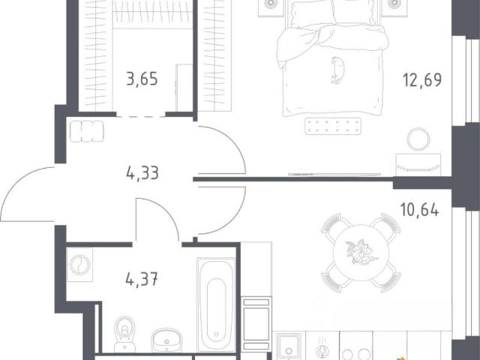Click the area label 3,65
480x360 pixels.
142,79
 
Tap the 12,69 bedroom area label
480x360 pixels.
422,80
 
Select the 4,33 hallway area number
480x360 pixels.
142,173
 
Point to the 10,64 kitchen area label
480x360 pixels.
420,210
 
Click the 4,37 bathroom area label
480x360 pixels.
142,279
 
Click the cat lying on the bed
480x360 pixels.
337,70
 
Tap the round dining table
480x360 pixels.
361,253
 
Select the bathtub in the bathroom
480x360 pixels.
217,304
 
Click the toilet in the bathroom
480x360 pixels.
124,334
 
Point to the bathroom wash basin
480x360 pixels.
166,340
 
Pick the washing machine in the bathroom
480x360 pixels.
79,265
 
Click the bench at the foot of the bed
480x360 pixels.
333,126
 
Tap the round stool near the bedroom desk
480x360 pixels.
418,139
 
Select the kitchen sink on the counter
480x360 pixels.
288,346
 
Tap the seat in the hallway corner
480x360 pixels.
87,131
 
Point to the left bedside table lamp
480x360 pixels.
270,4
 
